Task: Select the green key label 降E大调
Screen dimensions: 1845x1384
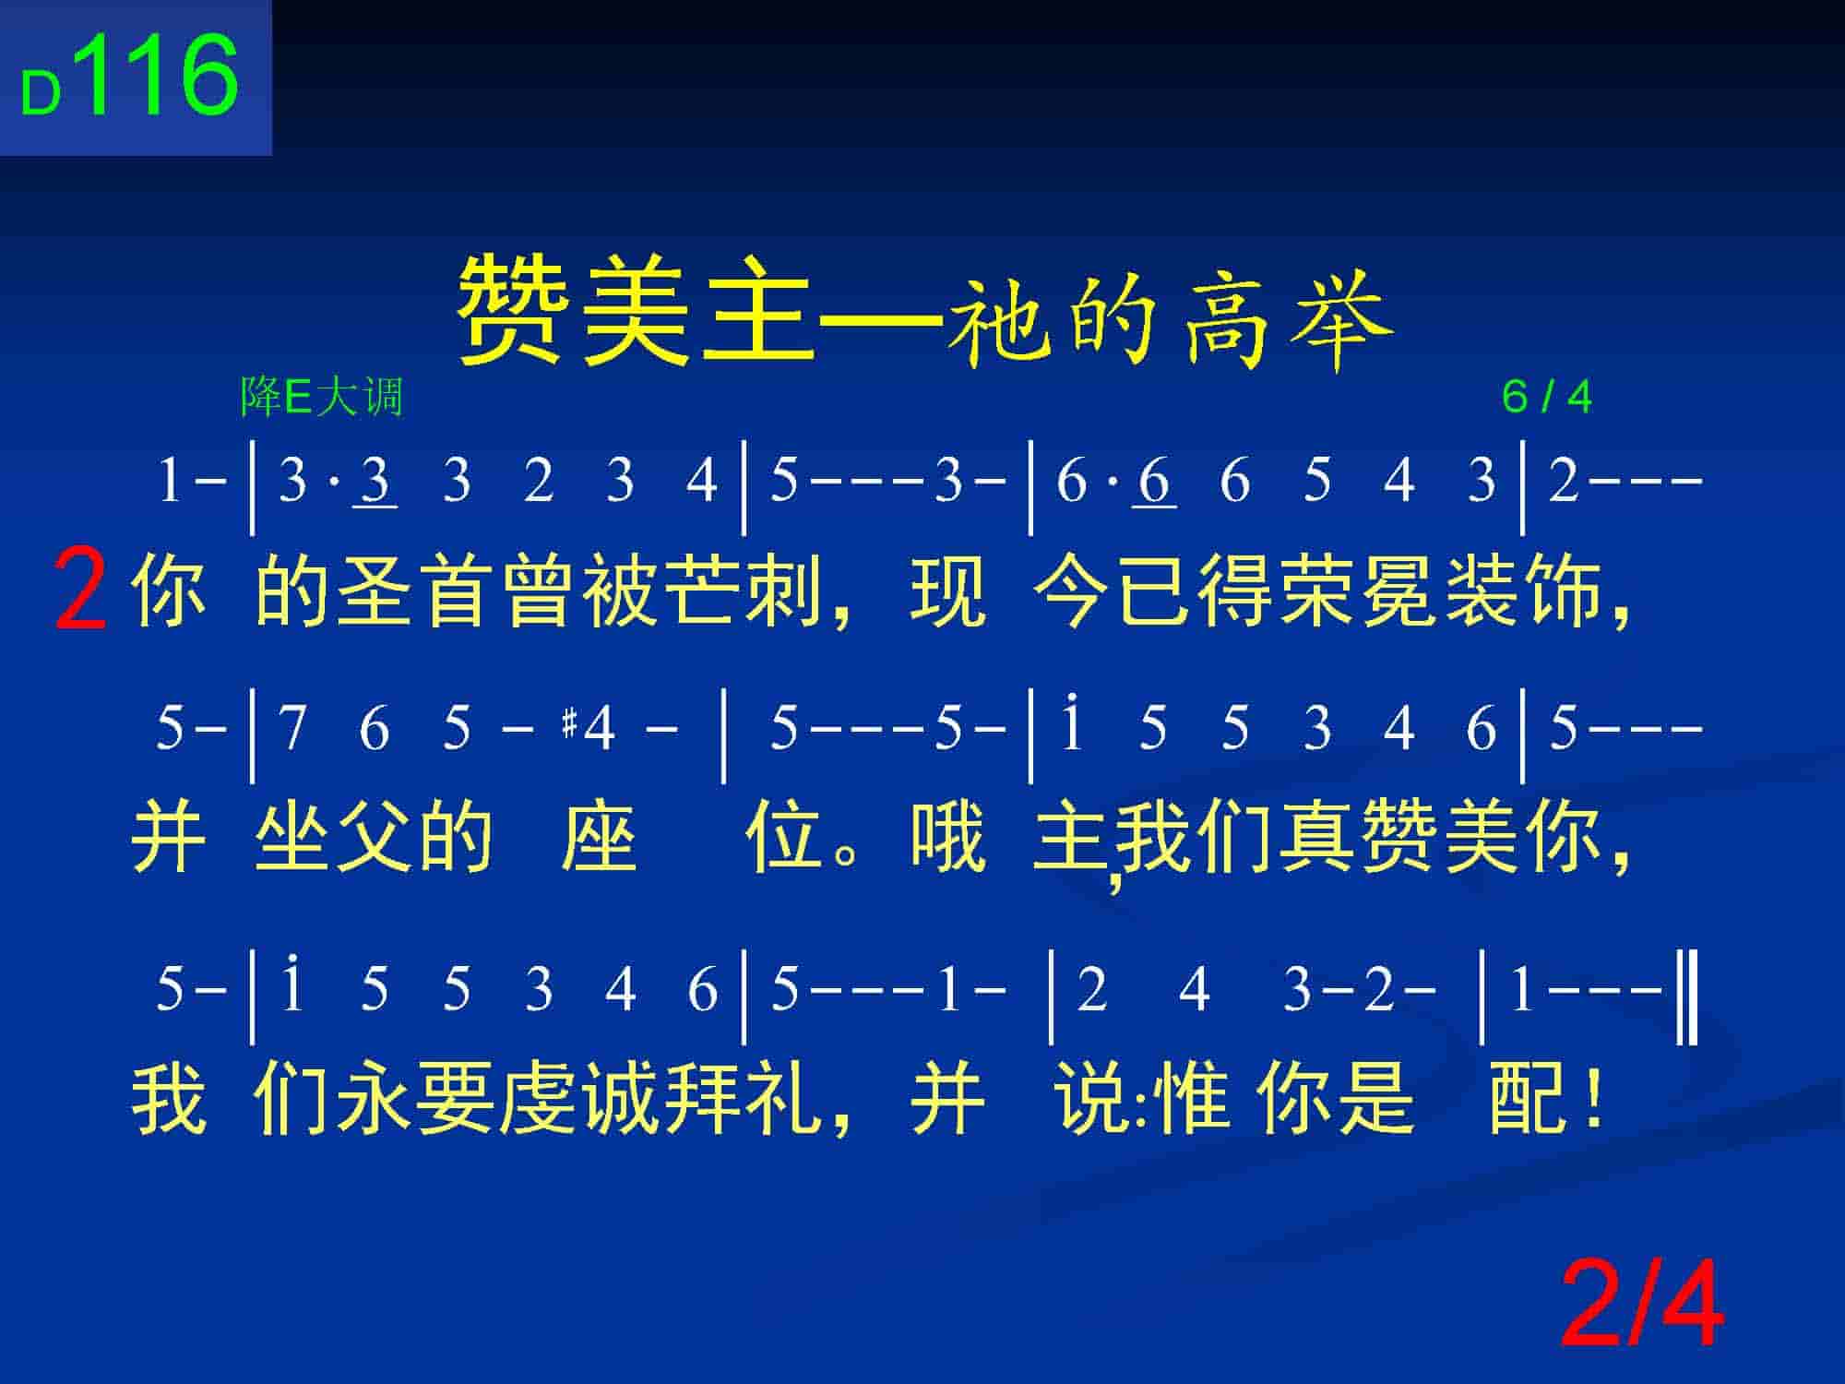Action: tap(321, 397)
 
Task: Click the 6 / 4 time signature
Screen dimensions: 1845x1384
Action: tap(1547, 397)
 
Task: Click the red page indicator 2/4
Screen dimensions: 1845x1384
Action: tap(1641, 1306)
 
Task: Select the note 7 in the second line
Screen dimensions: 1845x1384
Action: tap(292, 728)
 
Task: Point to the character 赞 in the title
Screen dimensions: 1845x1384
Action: tap(514, 311)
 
